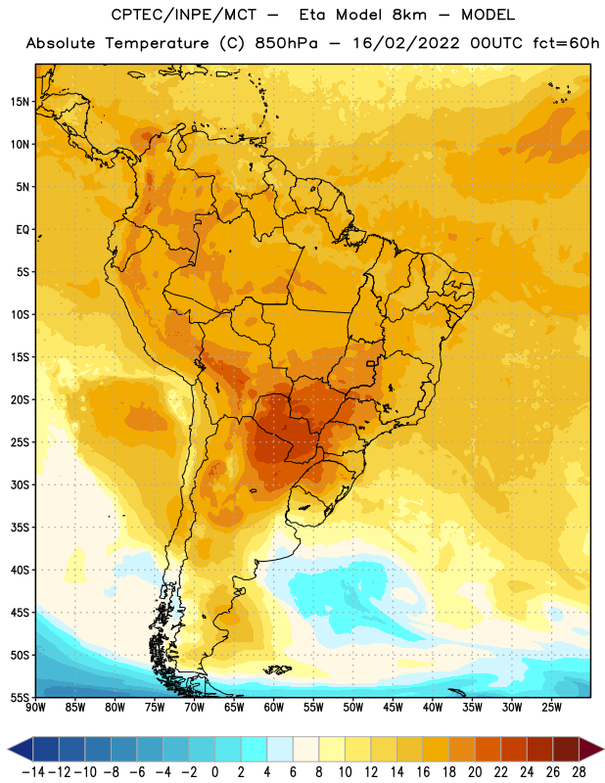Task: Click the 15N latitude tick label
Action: (x=20, y=102)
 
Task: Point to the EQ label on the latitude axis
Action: (x=23, y=230)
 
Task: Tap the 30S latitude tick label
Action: (x=20, y=484)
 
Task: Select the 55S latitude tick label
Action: (x=20, y=698)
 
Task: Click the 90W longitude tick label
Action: (x=35, y=708)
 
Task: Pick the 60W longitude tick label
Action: (x=274, y=708)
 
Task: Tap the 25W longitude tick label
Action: (x=551, y=708)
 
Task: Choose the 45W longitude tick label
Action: (x=393, y=708)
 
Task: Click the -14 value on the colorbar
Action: (x=33, y=772)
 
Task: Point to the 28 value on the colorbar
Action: (x=579, y=772)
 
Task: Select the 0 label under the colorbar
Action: (x=214, y=772)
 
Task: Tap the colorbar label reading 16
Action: (x=423, y=772)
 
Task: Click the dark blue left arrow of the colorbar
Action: (x=21, y=749)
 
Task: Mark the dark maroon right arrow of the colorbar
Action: (x=591, y=749)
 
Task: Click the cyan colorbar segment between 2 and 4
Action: (x=254, y=749)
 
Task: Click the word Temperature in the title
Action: (x=157, y=43)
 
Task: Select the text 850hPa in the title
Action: (x=286, y=43)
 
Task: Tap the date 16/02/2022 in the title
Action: (x=406, y=43)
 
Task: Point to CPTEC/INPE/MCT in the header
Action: (x=184, y=15)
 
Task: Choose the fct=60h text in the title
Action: (x=566, y=43)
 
